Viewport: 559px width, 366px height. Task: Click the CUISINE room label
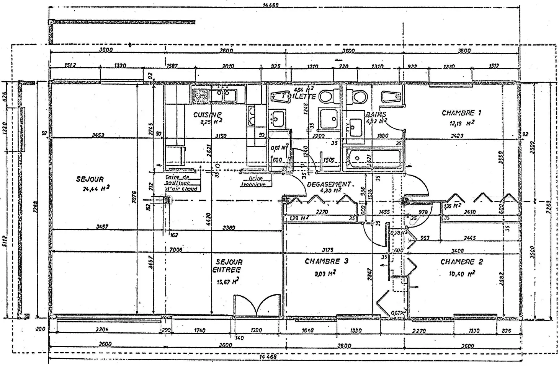pos(207,115)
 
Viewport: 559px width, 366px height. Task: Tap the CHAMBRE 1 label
pos(461,113)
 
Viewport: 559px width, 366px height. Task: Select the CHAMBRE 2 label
pos(461,262)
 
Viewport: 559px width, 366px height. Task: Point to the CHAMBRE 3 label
pos(326,262)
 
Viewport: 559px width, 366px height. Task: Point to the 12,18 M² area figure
pos(462,123)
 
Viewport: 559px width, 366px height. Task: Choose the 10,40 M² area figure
pos(462,273)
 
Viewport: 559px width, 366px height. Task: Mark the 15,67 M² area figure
pos(228,282)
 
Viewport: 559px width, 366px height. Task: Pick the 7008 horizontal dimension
pos(176,250)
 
